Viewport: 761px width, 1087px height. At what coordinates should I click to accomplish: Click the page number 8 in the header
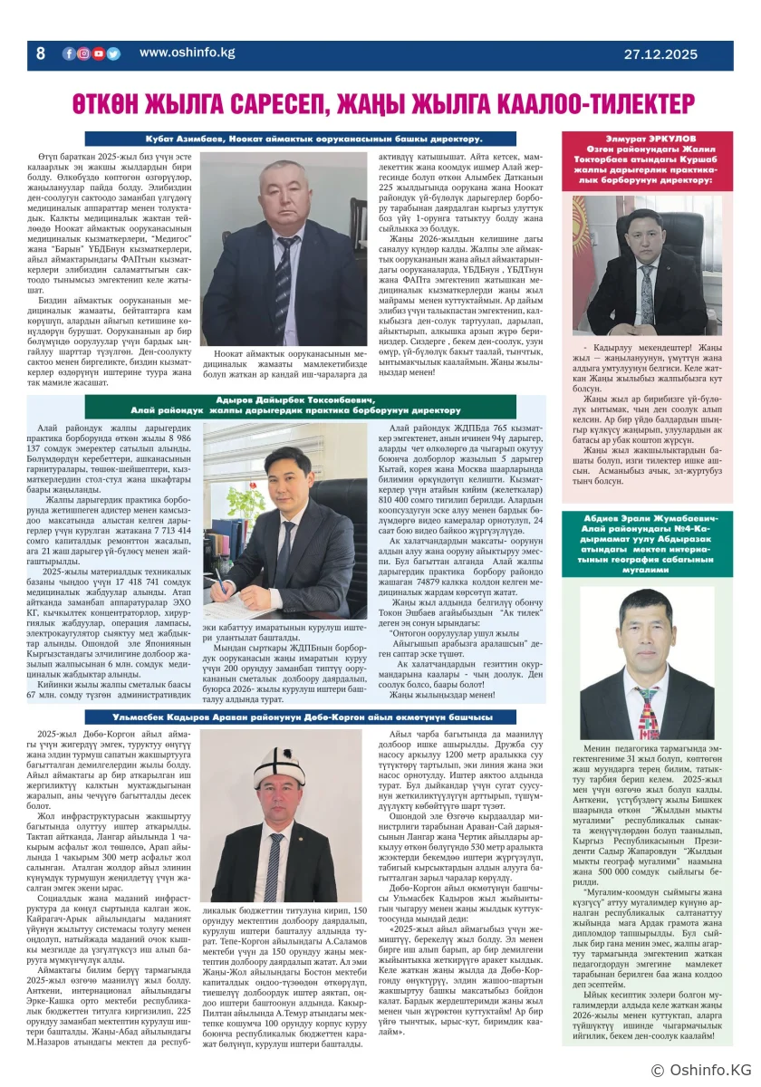(40, 53)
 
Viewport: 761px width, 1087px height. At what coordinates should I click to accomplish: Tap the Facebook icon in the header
(69, 53)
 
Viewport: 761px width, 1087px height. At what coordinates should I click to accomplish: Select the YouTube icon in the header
(98, 53)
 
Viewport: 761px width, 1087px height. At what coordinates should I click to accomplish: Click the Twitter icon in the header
(112, 53)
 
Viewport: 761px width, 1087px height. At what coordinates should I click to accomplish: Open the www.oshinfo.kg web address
(187, 53)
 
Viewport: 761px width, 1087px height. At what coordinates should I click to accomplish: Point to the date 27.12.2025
(660, 54)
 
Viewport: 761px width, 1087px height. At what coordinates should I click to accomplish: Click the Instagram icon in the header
(83, 53)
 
